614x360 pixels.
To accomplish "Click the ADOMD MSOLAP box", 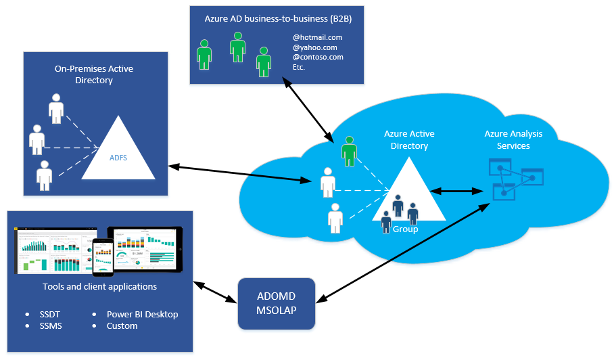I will coord(276,304).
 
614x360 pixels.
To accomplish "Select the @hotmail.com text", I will coord(317,37).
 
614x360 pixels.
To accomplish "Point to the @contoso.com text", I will coord(317,58).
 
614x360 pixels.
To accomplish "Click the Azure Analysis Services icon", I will coord(516,179).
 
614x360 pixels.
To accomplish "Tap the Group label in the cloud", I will coord(405,229).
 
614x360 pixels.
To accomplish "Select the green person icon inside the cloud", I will coord(349,150).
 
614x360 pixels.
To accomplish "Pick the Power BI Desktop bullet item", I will coord(142,315).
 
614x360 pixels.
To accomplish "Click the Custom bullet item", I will coord(122,326).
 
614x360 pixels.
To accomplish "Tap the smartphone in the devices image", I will coord(103,257).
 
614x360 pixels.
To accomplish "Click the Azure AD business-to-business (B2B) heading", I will coord(278,19).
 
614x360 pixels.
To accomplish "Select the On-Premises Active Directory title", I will coord(93,74).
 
